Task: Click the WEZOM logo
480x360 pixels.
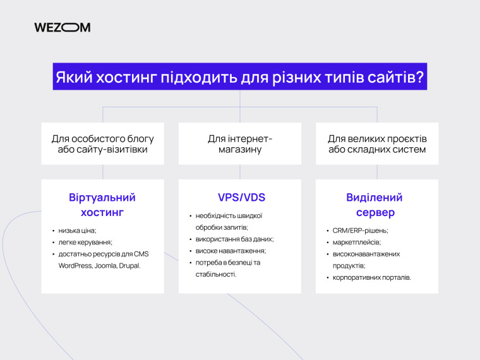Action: [62, 27]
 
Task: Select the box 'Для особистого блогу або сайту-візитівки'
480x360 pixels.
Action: [102, 144]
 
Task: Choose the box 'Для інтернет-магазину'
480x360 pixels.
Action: [240, 144]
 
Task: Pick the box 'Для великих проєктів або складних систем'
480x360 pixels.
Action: [377, 144]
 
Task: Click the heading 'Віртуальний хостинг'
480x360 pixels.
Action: [102, 205]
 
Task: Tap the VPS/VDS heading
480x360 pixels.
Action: [240, 197]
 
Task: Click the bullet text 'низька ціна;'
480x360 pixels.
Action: [77, 231]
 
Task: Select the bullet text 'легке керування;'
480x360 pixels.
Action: [85, 242]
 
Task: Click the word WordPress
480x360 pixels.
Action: [75, 265]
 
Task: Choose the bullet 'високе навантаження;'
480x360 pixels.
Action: [227, 251]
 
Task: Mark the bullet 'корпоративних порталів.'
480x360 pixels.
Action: [372, 277]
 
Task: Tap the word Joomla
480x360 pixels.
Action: [104, 265]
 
